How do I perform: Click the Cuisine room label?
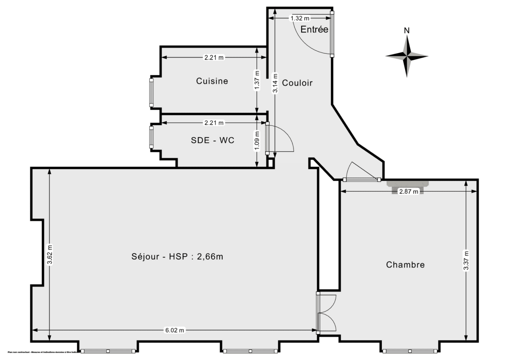[212, 81]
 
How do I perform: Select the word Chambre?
[405, 265]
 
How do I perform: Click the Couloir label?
[297, 83]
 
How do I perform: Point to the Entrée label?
[314, 29]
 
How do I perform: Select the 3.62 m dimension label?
[50, 254]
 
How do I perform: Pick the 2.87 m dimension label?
[408, 192]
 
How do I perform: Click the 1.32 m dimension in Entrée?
[299, 18]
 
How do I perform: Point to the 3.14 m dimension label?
[275, 83]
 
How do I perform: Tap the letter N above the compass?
[406, 30]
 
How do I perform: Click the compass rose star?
[406, 56]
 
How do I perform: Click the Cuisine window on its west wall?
[151, 92]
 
